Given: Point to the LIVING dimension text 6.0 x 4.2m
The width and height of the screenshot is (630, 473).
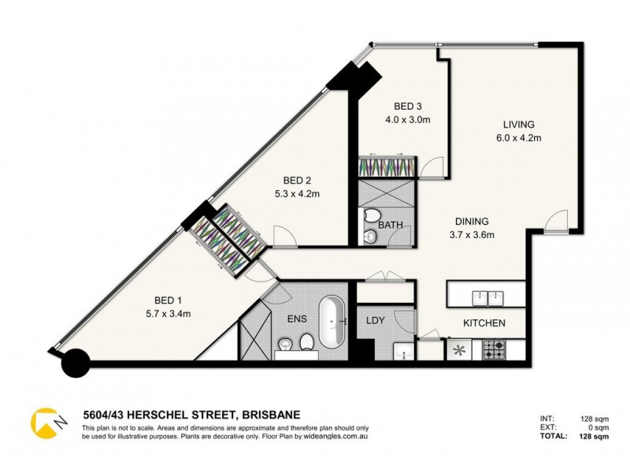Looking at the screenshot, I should point(519,138).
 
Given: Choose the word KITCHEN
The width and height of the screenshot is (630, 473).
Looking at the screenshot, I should point(484,323).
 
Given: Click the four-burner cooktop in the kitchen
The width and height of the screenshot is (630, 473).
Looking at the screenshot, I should point(494,348).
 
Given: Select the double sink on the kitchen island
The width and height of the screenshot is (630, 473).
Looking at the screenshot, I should point(487,296).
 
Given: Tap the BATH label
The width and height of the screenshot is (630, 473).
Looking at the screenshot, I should point(391,225).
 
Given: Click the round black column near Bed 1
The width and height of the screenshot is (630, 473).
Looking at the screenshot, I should point(76,363).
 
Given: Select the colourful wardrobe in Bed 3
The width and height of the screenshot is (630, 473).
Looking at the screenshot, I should point(384,168).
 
